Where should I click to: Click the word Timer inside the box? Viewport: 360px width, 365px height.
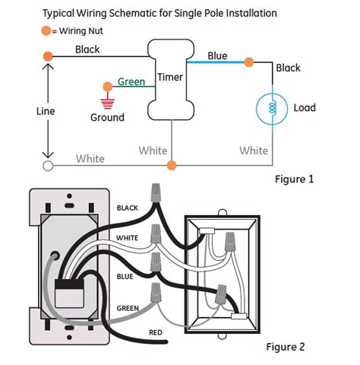[171, 78]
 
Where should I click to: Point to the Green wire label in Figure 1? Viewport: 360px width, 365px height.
[131, 81]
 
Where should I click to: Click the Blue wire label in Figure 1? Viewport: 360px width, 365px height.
[217, 56]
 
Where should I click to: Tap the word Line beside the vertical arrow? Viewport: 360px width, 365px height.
[46, 110]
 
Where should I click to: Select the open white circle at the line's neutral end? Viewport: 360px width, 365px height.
[48, 164]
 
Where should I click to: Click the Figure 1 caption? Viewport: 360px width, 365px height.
[294, 179]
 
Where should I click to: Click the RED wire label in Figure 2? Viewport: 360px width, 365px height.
[156, 332]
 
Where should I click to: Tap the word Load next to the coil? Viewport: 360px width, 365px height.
[305, 108]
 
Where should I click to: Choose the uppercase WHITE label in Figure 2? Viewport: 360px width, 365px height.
[128, 238]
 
